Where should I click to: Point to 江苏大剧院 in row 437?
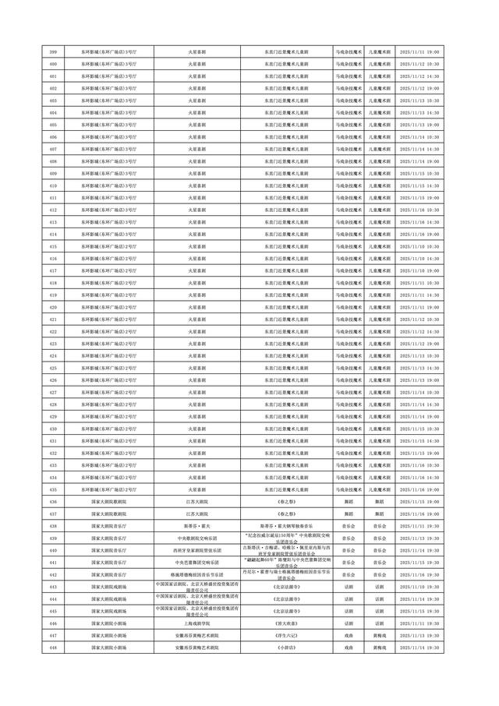tap(191, 514)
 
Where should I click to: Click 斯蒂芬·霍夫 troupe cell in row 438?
tap(191, 527)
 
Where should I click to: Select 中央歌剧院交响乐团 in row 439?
tap(191, 538)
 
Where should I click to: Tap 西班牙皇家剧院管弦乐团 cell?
tap(191, 551)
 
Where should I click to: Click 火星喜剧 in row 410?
tap(191, 185)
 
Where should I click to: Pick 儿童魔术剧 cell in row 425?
tap(380, 367)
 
